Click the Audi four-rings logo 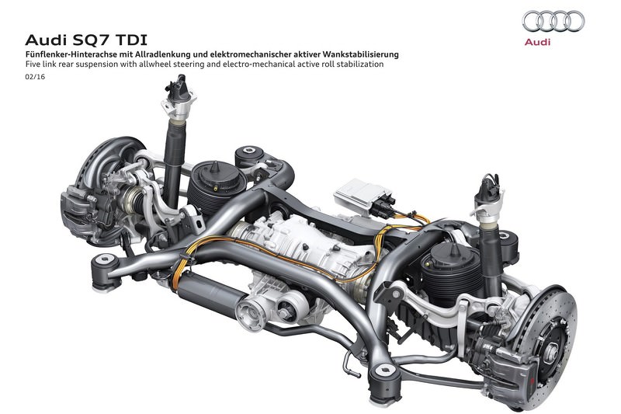(553, 21)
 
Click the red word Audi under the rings (537, 42)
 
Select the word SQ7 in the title (93, 40)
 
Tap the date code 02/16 (35, 77)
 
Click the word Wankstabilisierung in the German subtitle (361, 54)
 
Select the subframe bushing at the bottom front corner (383, 381)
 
